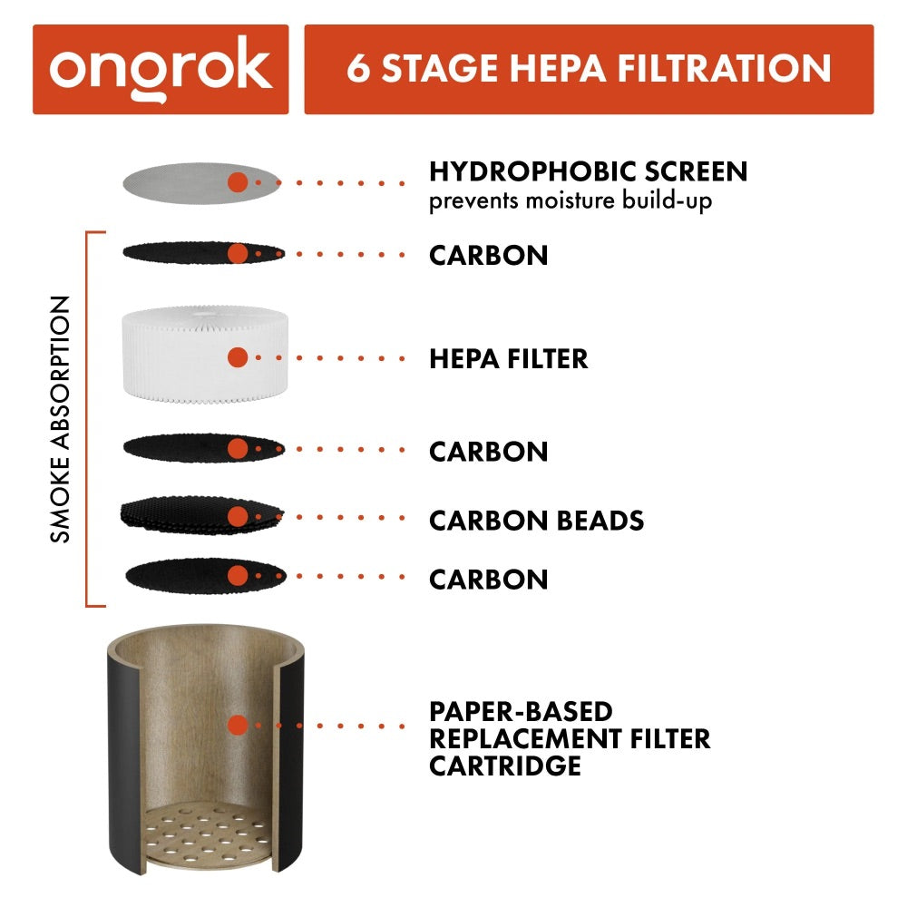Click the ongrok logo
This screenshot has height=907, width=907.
point(161,69)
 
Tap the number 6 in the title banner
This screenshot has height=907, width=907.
point(359,69)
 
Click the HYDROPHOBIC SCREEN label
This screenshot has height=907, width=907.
point(588,171)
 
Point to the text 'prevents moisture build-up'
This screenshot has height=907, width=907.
point(570,200)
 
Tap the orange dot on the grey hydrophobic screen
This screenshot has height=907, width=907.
point(238,181)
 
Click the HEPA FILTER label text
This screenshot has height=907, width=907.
point(508,358)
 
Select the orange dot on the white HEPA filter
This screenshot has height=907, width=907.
point(238,357)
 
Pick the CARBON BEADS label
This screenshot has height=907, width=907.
point(536,521)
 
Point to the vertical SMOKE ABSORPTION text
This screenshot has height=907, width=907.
point(61,419)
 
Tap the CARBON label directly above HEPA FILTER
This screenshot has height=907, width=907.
point(488,255)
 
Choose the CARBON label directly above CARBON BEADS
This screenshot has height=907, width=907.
point(488,451)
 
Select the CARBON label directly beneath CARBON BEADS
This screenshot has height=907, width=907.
point(488,579)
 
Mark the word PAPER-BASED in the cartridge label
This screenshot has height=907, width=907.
point(521,711)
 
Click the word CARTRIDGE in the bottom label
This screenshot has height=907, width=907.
point(504,766)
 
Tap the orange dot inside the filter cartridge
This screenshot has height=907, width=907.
point(238,725)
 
